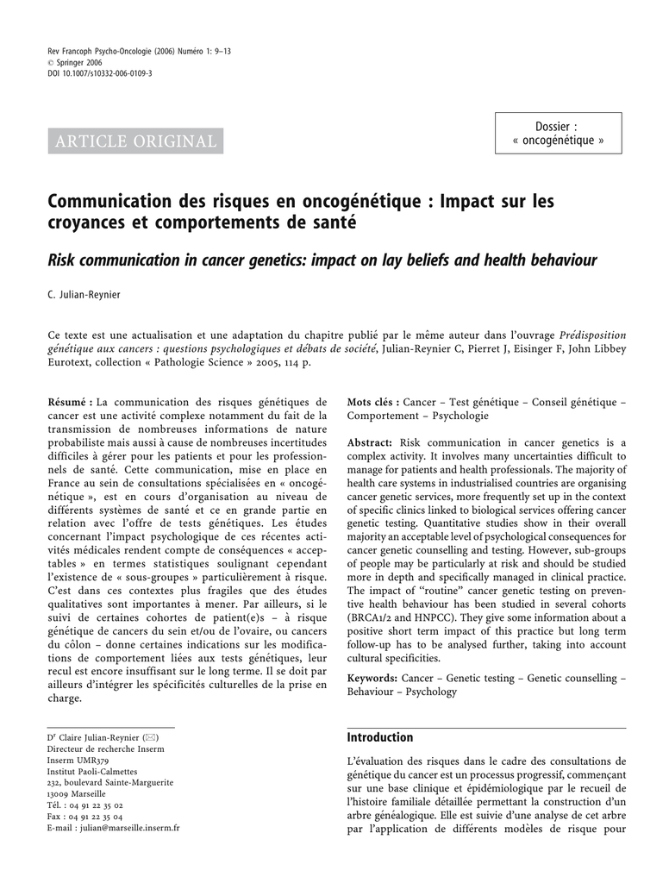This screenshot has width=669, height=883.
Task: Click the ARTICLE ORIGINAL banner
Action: coord(135,141)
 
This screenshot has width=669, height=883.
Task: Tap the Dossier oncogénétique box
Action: coord(558,134)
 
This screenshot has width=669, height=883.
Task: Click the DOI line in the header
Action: coord(99,74)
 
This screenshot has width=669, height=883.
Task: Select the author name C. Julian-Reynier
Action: coord(84,295)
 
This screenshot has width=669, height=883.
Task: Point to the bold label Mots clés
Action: coord(372,402)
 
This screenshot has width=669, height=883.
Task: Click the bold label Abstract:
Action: coord(370,442)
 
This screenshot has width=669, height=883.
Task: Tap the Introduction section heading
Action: coord(380,737)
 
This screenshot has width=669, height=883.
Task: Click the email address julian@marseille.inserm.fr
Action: coord(128,828)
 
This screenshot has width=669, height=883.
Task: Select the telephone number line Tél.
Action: coord(84,805)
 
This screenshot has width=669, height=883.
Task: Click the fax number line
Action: coord(84,817)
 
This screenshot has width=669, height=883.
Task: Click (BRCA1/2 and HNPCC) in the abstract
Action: coord(399,618)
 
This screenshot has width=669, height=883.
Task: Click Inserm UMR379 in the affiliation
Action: coord(77,761)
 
